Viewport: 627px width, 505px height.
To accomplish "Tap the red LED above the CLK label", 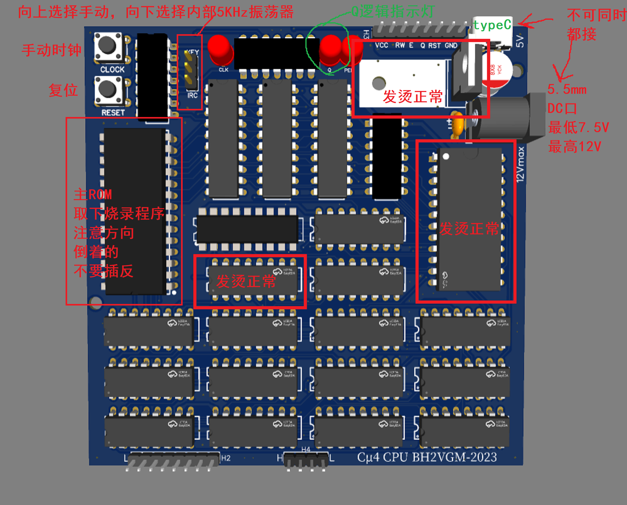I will click(x=220, y=49).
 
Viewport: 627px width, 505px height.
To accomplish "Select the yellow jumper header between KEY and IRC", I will click(x=190, y=71).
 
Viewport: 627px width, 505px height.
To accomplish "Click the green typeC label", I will click(x=492, y=25).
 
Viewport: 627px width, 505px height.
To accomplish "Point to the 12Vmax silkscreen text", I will click(x=520, y=164).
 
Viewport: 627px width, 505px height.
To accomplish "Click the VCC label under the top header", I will click(x=382, y=45).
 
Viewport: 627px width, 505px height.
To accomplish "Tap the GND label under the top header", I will click(x=451, y=45).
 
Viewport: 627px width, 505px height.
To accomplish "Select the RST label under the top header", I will click(x=434, y=45).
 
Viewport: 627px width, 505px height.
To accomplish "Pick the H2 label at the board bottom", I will click(x=226, y=458).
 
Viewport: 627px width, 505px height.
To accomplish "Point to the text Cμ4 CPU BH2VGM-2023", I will click(x=427, y=457).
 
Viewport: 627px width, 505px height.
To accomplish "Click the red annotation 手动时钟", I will click(x=51, y=50).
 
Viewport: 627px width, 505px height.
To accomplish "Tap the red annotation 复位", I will click(x=63, y=90).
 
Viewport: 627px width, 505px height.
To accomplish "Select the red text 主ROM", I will click(x=93, y=194).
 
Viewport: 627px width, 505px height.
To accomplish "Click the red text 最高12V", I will click(x=575, y=146).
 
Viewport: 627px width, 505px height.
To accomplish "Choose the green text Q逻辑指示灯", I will click(x=393, y=12).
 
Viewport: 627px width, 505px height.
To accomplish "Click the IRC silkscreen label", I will click(x=192, y=95).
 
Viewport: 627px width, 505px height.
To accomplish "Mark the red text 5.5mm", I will click(x=567, y=89).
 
